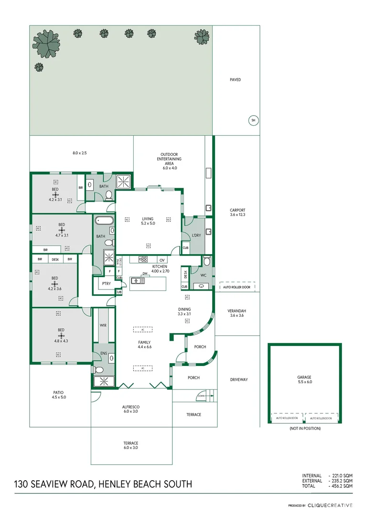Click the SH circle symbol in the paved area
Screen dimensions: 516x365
tap(253, 121)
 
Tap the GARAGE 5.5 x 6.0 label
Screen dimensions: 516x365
tap(304, 379)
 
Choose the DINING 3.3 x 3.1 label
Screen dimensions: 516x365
tap(184, 312)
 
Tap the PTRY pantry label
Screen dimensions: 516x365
tap(106, 283)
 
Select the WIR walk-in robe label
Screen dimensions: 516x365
tap(103, 325)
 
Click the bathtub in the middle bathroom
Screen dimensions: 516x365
tap(104, 221)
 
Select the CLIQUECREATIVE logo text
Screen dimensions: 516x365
tap(330, 505)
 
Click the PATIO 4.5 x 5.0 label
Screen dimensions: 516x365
tap(59, 395)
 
